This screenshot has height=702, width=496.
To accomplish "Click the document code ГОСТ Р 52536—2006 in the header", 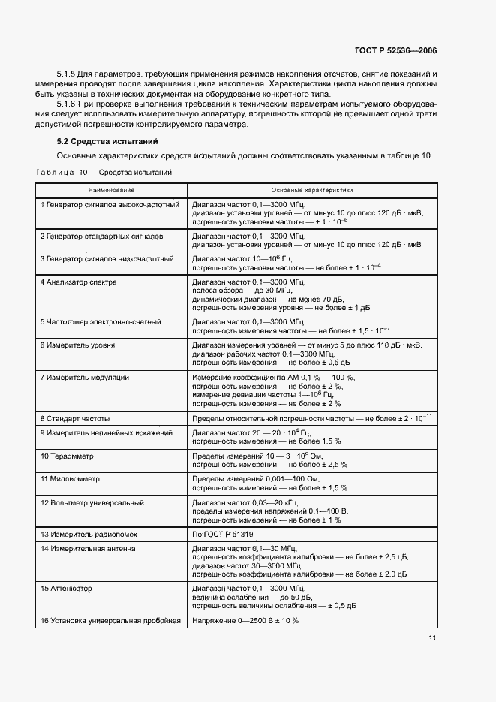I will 395,50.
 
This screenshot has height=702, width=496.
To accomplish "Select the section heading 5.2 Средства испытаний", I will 107,141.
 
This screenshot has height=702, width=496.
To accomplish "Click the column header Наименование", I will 111,191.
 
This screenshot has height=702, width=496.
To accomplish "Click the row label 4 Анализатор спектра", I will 79,282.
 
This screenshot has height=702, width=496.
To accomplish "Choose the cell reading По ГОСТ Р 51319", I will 224,534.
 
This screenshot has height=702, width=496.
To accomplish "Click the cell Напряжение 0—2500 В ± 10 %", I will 245,621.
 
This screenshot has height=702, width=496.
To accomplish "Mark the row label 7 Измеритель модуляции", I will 85,378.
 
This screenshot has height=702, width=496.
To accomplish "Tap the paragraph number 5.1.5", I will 69,74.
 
